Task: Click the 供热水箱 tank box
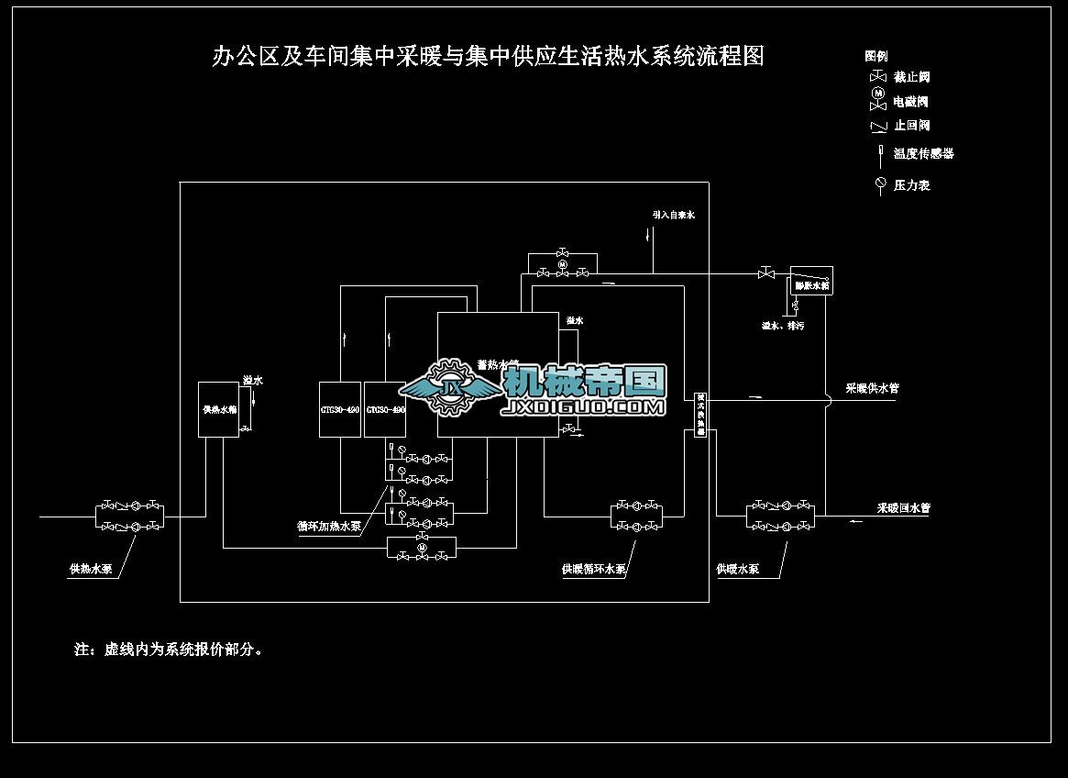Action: click(x=219, y=409)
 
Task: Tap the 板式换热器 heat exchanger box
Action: click(x=700, y=414)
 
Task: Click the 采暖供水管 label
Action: click(x=872, y=388)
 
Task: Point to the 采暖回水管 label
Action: click(x=904, y=507)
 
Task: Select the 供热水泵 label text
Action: click(x=91, y=569)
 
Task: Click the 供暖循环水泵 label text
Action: click(x=594, y=569)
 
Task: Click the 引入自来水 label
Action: click(x=674, y=215)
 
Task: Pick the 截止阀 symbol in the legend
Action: click(x=877, y=77)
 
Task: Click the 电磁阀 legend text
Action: click(x=911, y=102)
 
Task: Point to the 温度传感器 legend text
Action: click(x=924, y=153)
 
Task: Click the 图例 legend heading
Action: click(x=875, y=56)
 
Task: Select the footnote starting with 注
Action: click(x=171, y=650)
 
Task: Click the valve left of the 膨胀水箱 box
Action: click(x=765, y=272)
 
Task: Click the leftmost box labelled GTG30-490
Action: click(x=339, y=408)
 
